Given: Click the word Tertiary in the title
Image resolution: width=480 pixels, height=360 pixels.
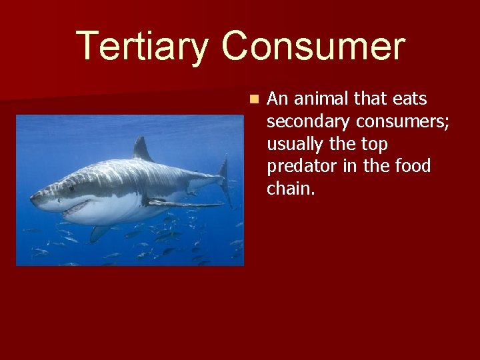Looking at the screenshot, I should pyautogui.click(x=142, y=47).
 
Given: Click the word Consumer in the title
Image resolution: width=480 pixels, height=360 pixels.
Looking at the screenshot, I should pyautogui.click(x=313, y=47).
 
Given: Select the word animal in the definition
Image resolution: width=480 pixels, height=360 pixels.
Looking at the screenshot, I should pyautogui.click(x=315, y=99).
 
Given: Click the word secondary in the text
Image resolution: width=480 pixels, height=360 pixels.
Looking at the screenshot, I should pyautogui.click(x=309, y=121).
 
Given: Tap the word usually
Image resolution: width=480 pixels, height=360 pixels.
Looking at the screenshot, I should pyautogui.click(x=298, y=144).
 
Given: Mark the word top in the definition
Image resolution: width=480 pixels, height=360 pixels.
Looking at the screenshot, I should pyautogui.click(x=373, y=144).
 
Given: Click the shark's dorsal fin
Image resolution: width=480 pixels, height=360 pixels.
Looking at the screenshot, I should pyautogui.click(x=141, y=149).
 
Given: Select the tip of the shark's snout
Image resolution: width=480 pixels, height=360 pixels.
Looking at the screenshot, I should pyautogui.click(x=33, y=197).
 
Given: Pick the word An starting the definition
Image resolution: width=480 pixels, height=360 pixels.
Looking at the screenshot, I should pyautogui.click(x=276, y=99).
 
